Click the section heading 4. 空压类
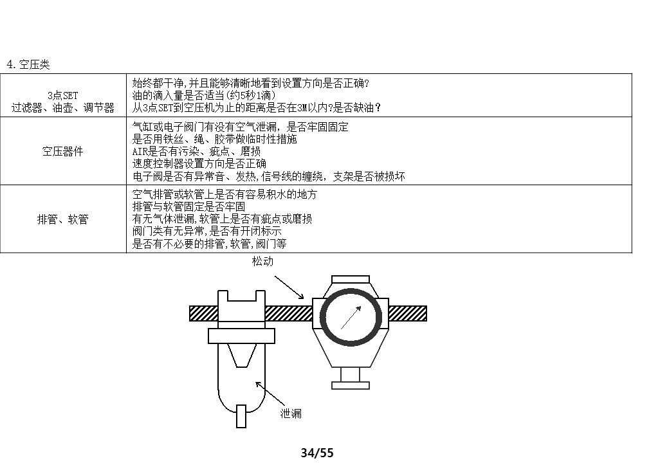(x=28, y=65)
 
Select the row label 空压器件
(x=63, y=151)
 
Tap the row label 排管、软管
(x=63, y=219)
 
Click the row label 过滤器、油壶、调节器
(x=63, y=107)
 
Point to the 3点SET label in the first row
(x=63, y=96)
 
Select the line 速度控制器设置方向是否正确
(x=199, y=163)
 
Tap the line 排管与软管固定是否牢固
(x=188, y=206)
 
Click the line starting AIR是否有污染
(x=196, y=151)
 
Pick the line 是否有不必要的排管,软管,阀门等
(x=209, y=244)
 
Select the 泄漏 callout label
(x=291, y=413)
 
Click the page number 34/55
(x=318, y=453)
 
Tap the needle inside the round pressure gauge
(x=351, y=318)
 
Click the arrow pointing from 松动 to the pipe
(x=289, y=287)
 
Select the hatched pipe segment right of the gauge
(x=407, y=313)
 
